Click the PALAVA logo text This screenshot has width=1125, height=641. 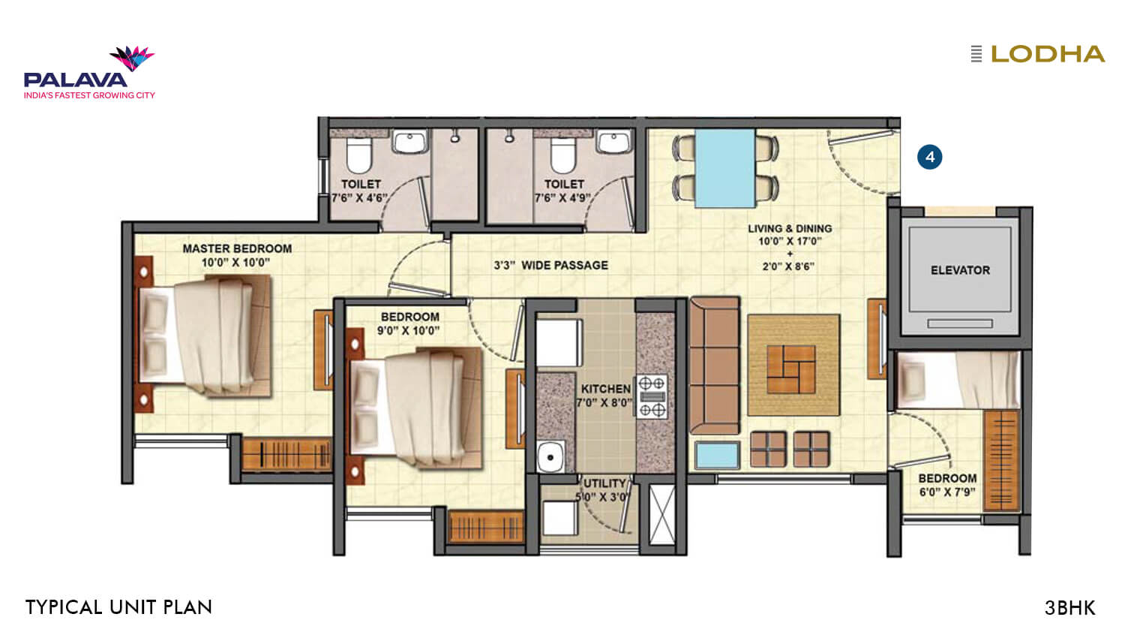[76, 80]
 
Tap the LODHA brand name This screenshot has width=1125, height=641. [1047, 54]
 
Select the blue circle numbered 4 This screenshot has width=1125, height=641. [929, 157]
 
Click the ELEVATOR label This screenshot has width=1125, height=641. [960, 270]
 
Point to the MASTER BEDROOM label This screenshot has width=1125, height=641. [237, 248]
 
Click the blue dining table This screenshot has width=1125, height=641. [724, 168]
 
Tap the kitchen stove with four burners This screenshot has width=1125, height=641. [651, 396]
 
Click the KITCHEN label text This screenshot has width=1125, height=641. [605, 389]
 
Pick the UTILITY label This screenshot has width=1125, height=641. [604, 483]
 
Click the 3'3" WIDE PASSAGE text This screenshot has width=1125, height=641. [550, 265]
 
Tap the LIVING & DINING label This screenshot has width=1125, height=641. [789, 228]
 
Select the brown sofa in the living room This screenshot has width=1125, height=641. [714, 366]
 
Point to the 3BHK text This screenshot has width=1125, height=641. [1069, 608]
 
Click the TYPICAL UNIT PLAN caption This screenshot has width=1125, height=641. [118, 607]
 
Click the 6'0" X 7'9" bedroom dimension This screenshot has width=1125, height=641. [947, 492]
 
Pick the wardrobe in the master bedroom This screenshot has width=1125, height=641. [286, 454]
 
